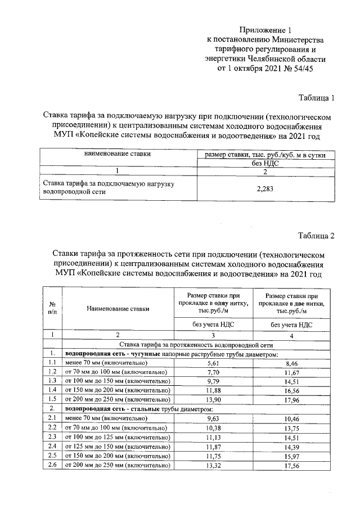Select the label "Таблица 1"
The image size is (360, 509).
pyautogui.click(x=316, y=98)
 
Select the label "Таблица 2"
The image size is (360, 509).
pyautogui.click(x=316, y=236)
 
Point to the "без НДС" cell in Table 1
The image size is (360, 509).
pyautogui.click(x=264, y=163)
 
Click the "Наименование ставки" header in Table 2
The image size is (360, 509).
pyautogui.click(x=118, y=308)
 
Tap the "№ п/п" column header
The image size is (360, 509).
pyautogui.click(x=52, y=308)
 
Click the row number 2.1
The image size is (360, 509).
pyautogui.click(x=52, y=417)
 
